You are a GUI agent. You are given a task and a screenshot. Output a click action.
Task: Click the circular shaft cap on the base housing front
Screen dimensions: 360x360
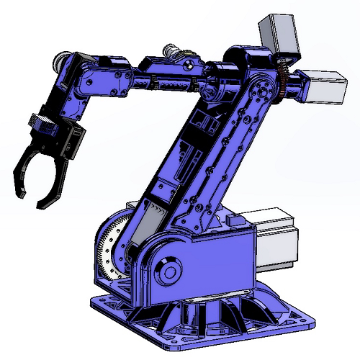170,272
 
